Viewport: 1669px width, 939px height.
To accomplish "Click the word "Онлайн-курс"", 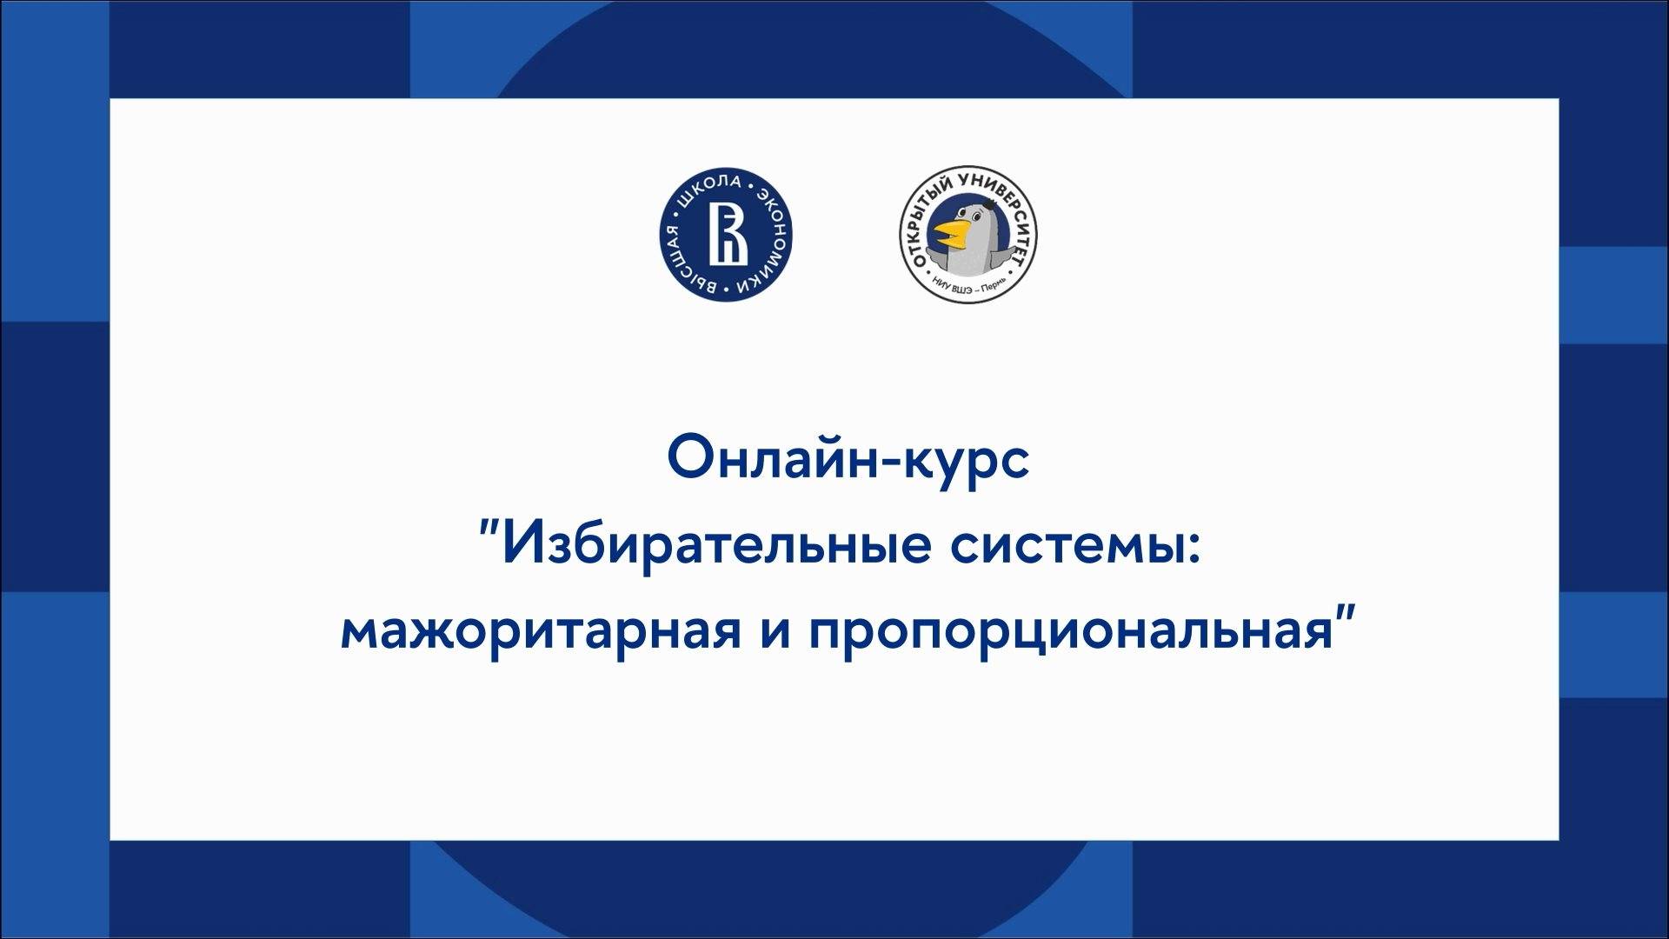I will pyautogui.click(x=848, y=462).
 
